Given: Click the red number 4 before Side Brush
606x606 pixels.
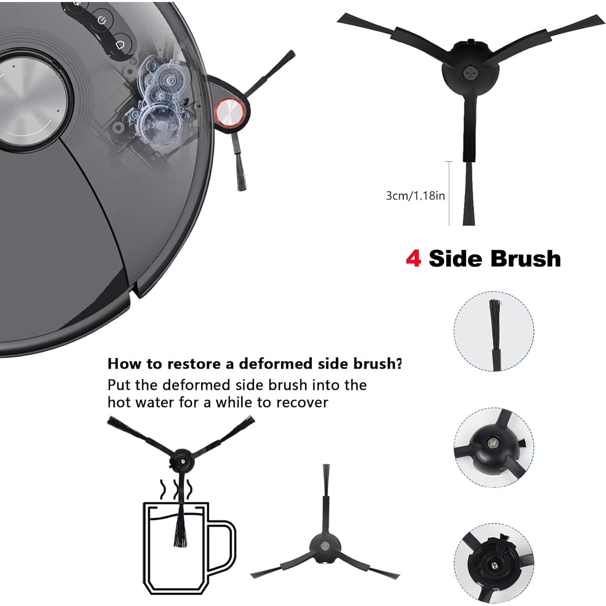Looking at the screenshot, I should click(413, 258).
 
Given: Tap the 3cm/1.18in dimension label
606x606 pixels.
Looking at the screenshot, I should click(415, 196).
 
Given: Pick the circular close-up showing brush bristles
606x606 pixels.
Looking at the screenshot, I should click(494, 331).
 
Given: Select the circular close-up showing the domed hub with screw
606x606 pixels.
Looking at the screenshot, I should click(494, 447).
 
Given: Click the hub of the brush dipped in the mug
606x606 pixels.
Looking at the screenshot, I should click(182, 459).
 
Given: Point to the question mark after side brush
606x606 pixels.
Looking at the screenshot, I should click(399, 363).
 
